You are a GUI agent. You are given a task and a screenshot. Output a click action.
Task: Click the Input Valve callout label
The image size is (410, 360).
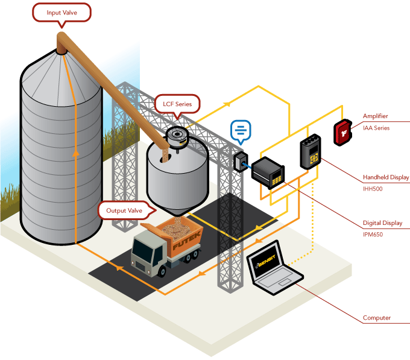coord(61,12)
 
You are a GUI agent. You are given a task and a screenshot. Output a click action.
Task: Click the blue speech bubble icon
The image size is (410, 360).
coord(241,130)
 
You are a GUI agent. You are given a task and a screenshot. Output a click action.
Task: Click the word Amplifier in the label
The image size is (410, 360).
coord(375,116)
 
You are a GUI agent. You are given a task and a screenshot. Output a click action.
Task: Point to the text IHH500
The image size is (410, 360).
coord(373,189)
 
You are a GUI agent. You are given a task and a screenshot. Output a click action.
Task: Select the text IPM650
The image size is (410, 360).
coord(373,235)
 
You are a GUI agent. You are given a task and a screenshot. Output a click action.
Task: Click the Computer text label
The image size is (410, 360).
coord(376,318)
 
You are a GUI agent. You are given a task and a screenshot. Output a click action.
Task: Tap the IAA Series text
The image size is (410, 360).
coord(376,128)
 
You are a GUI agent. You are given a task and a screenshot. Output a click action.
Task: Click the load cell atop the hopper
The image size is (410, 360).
coord(175,136)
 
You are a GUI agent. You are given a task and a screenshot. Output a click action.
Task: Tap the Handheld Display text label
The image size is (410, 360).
coord(386,177)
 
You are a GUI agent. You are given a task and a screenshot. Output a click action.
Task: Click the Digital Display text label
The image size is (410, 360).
coord(383,223)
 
